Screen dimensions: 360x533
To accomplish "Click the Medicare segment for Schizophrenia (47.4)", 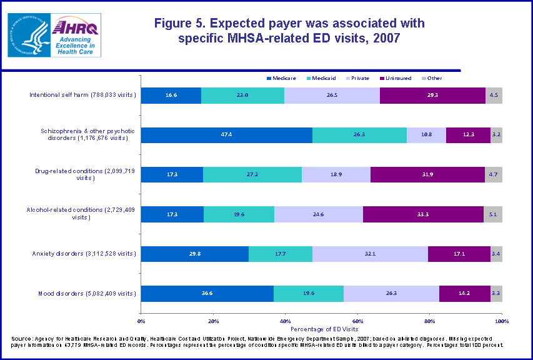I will pyautogui.click(x=226, y=135).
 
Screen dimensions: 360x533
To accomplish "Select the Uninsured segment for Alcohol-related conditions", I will pyautogui.click(x=423, y=214).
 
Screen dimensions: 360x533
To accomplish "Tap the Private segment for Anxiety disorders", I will pyautogui.click(x=370, y=254).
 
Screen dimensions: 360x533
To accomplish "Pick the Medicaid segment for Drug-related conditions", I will pyautogui.click(x=252, y=174).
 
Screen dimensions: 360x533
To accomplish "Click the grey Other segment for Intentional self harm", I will pyautogui.click(x=494, y=96).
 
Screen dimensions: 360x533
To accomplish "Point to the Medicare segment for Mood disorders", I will pyautogui.click(x=207, y=294).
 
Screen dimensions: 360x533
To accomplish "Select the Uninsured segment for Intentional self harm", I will pyautogui.click(x=432, y=96).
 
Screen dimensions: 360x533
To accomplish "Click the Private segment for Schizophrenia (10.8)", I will pyautogui.click(x=426, y=135).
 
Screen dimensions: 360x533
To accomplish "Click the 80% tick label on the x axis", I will pyautogui.click(x=429, y=321).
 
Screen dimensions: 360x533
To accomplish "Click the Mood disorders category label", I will pyautogui.click(x=83, y=294).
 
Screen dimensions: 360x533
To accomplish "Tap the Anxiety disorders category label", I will pyautogui.click(x=84, y=254).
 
